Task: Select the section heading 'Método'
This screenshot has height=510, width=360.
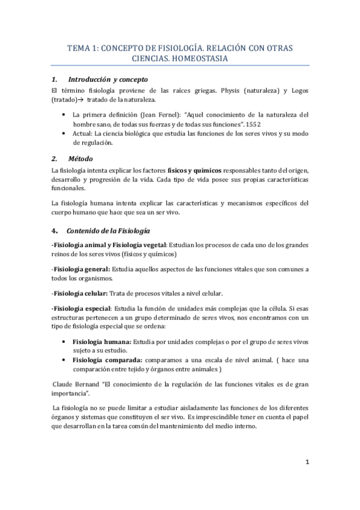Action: [x=81, y=159]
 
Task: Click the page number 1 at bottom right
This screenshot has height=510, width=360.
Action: [x=307, y=462]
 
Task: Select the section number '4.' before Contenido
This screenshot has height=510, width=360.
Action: [x=55, y=231]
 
